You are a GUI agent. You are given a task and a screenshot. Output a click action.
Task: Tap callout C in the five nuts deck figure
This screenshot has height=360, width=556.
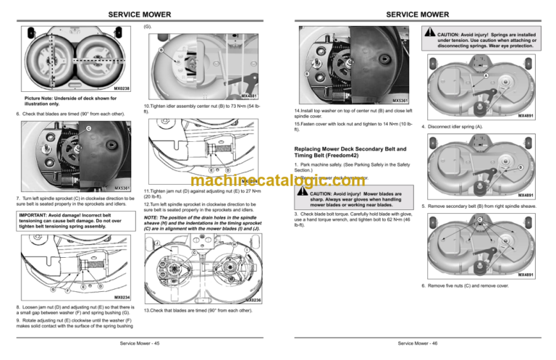[479, 219]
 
